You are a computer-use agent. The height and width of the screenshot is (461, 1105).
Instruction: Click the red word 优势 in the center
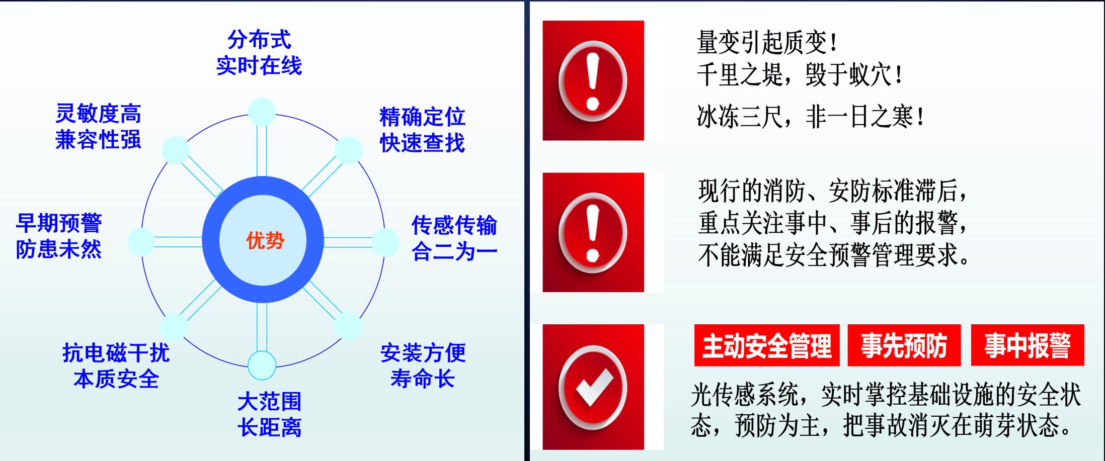[265, 241]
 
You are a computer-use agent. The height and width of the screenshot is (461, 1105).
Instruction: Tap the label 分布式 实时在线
[259, 53]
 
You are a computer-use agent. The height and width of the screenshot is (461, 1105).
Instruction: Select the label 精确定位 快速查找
[422, 130]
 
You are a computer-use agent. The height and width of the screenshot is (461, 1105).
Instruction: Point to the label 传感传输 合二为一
[454, 238]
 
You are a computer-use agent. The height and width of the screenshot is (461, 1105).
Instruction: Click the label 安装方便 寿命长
[423, 366]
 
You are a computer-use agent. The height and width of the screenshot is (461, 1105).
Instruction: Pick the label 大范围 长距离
[270, 415]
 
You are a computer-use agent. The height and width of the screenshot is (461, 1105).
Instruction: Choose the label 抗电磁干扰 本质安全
[116, 366]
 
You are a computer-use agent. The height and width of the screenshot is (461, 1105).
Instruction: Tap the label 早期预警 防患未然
[59, 236]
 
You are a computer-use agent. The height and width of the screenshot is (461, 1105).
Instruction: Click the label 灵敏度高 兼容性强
[98, 127]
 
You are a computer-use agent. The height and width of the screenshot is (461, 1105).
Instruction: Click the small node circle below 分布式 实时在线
[262, 112]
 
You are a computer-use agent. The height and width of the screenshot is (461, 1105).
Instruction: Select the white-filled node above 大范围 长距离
[262, 365]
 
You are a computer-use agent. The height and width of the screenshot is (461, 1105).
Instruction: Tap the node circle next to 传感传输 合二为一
[385, 242]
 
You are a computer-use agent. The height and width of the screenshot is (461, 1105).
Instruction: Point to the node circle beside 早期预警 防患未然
[141, 242]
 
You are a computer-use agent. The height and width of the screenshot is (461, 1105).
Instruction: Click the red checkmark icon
[593, 387]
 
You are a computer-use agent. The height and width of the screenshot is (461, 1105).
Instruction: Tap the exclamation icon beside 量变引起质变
[593, 80]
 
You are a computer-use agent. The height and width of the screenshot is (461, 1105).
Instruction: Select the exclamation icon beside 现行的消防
[593, 232]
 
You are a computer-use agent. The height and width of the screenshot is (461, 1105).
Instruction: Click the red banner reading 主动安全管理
[767, 345]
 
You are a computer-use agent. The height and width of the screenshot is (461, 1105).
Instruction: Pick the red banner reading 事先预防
[904, 345]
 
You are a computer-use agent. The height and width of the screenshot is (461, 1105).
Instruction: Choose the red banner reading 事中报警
[1028, 345]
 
